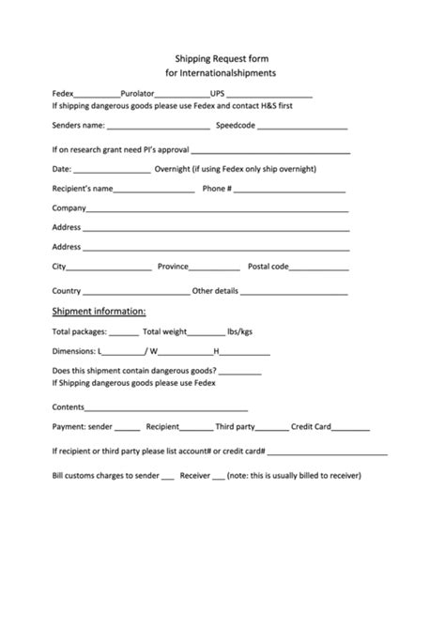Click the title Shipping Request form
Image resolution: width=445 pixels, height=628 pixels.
pos(222,57)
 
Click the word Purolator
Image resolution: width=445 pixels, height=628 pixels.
pos(137,94)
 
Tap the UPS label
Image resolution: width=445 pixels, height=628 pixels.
pos(218,94)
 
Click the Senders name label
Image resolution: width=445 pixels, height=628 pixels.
pos(77,124)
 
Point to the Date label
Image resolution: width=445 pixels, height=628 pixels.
pos(61,169)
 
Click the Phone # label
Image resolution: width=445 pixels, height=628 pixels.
pos(217,188)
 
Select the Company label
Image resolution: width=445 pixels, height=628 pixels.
pos(69,207)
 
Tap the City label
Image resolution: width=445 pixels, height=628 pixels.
pos(59,267)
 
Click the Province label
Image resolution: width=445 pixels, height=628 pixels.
pos(173,267)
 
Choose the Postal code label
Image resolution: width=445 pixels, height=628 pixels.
pos(268,267)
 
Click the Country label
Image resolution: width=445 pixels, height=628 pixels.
pos(67,291)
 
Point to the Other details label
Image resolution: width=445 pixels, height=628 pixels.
pos(215,291)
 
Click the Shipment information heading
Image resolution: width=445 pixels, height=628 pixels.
pos(99,311)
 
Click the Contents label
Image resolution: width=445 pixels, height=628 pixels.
pos(69,406)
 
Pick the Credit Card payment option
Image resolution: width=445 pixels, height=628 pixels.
pos(311,426)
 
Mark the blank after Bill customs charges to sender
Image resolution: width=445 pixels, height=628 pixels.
pos(168,476)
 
